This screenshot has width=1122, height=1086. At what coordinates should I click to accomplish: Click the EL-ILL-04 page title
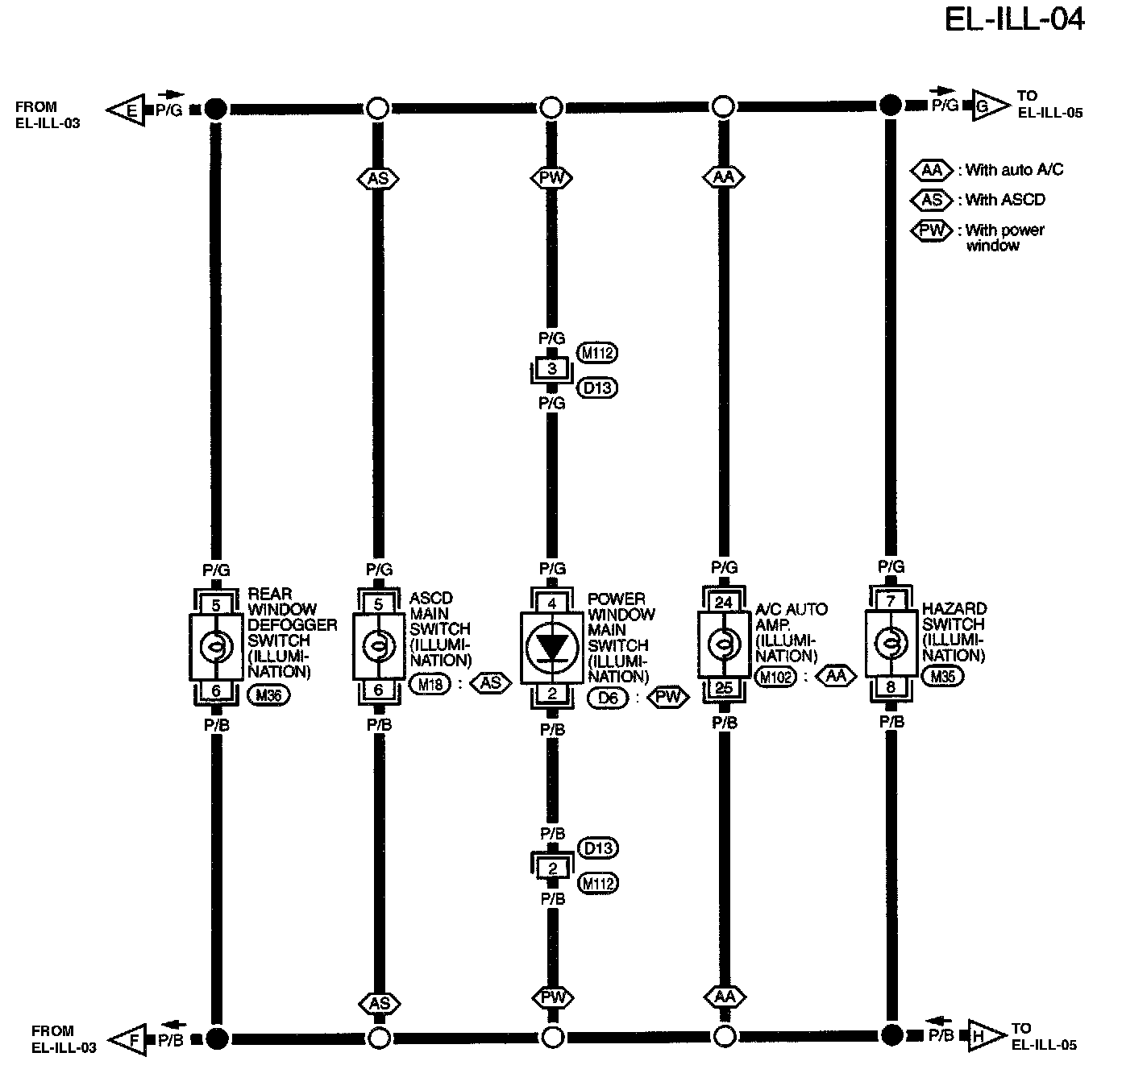coord(1014,19)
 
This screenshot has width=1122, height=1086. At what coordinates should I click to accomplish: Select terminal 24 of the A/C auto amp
coord(724,603)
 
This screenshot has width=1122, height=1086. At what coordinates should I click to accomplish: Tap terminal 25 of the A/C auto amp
coord(724,688)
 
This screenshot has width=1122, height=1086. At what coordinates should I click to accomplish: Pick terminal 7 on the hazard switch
coord(891,601)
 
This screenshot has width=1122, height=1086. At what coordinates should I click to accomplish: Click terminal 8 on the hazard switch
coord(891,687)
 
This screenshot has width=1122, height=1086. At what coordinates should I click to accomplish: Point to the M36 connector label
coord(268,694)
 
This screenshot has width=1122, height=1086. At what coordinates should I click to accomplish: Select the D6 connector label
coord(608,698)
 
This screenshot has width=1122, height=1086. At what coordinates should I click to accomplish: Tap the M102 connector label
coord(775,677)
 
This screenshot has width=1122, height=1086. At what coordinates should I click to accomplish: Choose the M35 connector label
coord(942,676)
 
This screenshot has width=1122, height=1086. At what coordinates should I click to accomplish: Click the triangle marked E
coord(127,110)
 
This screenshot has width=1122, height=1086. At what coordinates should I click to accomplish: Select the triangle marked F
coord(129,1040)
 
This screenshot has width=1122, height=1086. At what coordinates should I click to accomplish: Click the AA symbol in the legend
coord(932,170)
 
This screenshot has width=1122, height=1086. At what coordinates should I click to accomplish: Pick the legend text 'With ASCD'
coord(1005,200)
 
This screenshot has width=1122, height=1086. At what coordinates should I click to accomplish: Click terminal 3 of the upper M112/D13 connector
coord(552,370)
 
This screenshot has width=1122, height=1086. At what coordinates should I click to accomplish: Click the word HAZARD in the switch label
coord(954,609)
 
